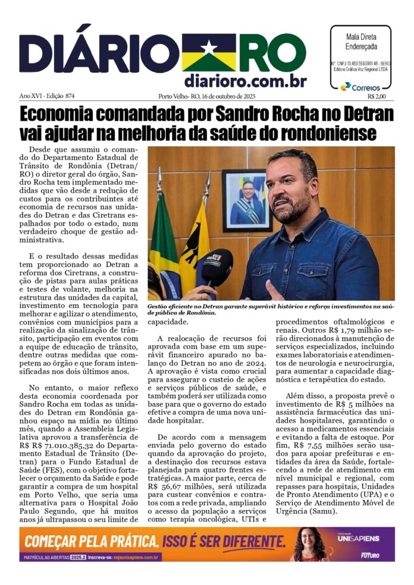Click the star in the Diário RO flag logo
[209, 46]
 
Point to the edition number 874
[74, 96]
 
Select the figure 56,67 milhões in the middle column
[182, 485]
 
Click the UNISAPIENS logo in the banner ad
[365, 537]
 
